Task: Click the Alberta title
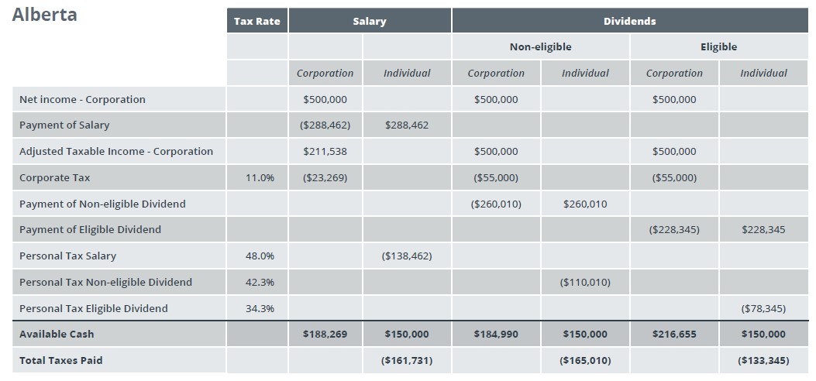point(45,15)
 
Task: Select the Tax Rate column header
point(257,21)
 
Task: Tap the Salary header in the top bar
point(369,21)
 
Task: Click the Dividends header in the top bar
point(629,21)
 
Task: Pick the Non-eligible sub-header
point(540,46)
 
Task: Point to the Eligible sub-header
point(718,46)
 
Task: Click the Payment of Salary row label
point(64,125)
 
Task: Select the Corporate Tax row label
point(54,177)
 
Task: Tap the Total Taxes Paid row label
point(60,360)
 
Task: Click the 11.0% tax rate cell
point(260,177)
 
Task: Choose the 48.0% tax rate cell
point(260,256)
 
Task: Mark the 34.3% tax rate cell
point(260,308)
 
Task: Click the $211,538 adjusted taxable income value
point(325,151)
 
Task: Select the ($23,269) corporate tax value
point(324,177)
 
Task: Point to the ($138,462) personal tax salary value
point(407,256)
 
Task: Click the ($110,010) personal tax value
point(585,282)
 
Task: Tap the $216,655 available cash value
point(674,334)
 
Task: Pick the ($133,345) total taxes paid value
point(763,360)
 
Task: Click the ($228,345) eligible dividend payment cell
point(674,229)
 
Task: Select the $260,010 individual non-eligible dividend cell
point(585,204)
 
